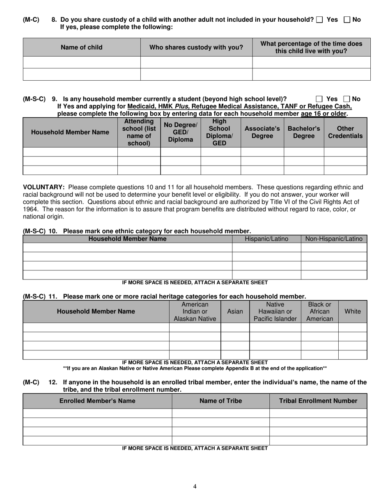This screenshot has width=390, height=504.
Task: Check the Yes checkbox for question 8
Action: pos(320,20)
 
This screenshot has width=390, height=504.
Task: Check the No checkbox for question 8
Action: pos(346,20)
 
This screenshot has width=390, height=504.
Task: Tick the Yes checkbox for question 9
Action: pos(319,99)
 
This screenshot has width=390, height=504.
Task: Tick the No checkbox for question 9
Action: pos(346,99)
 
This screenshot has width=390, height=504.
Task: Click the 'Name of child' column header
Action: pos(82,47)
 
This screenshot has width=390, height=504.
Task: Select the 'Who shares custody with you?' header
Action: pos(196,47)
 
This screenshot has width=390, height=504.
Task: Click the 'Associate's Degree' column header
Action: pos(262,132)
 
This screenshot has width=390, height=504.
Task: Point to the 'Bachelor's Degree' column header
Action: pos(304,132)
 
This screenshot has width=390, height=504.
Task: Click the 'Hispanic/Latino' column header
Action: pos(266,239)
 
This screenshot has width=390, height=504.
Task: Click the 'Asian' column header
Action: pos(235,311)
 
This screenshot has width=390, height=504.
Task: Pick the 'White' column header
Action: pos(353,311)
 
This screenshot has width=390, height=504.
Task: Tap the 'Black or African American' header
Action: pos(319,311)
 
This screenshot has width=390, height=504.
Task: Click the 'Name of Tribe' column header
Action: pos(220,401)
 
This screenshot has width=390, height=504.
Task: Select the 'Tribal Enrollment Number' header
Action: pos(318,401)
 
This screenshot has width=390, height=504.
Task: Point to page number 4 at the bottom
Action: pos(195,486)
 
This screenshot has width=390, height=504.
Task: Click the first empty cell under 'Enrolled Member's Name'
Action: pos(97,413)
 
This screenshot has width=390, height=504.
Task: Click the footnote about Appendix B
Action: pos(195,368)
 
